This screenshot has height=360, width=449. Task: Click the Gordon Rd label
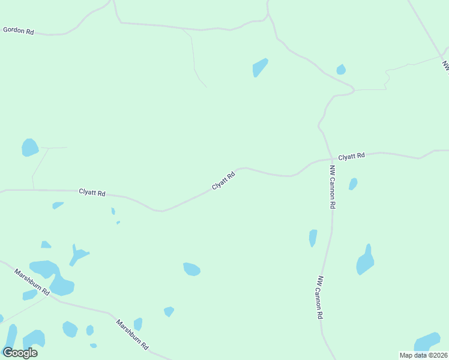(x=18, y=30)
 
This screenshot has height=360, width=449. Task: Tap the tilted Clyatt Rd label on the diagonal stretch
(x=223, y=180)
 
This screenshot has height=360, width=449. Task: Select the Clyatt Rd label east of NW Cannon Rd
(x=351, y=157)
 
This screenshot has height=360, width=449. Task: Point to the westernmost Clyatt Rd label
(x=92, y=193)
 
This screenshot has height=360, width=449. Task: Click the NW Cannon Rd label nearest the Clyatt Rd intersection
(x=332, y=187)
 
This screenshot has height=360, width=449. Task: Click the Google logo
(x=20, y=353)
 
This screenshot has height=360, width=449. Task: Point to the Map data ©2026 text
(x=424, y=355)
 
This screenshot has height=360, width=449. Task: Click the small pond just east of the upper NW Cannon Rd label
(x=353, y=184)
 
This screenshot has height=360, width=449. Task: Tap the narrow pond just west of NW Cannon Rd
(x=313, y=238)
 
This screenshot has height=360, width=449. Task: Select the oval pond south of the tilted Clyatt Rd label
(x=191, y=269)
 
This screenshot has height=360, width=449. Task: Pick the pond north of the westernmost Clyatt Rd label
(x=30, y=148)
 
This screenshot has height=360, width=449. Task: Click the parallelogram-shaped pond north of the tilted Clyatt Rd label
(x=260, y=67)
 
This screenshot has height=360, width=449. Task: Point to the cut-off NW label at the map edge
(x=445, y=66)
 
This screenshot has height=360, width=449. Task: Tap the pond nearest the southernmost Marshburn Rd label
(x=138, y=324)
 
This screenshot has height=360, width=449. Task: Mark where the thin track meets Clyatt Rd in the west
(x=34, y=190)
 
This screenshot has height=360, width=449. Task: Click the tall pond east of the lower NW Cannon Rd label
(x=365, y=261)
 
